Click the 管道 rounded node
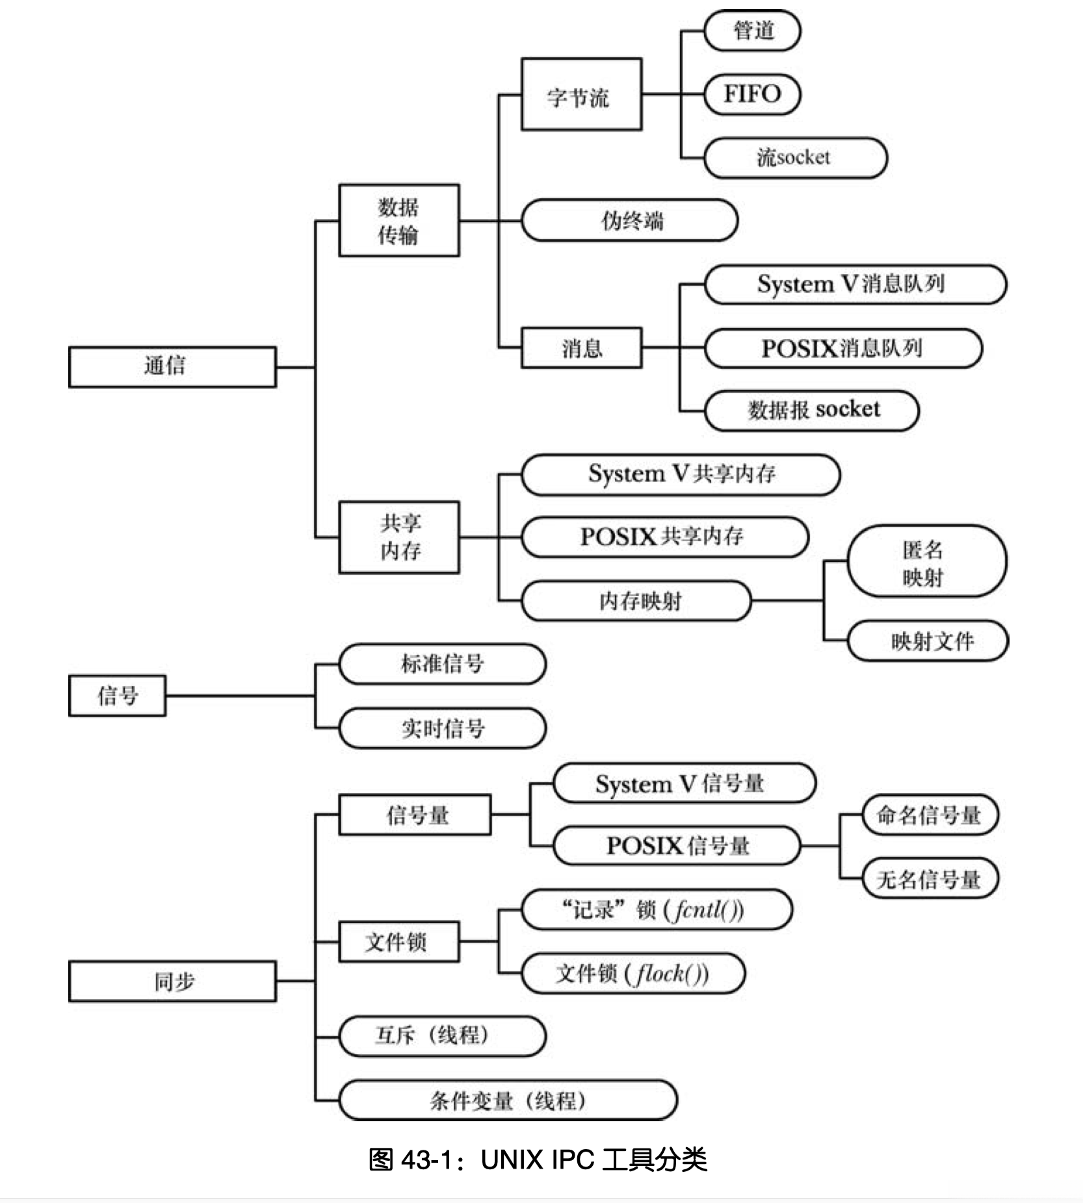pos(752,31)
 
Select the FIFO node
pos(752,94)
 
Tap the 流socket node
pos(794,157)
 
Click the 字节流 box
pos(581,95)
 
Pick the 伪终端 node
pos(629,220)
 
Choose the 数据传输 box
pos(398,220)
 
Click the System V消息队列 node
pos(854,285)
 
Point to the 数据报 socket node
pos(811,410)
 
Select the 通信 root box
pos(172,366)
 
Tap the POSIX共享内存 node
pos(664,537)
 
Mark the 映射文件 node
pos(928,641)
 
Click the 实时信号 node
pos(442,728)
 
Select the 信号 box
pos(117,696)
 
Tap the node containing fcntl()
pos(657,909)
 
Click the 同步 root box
pos(172,981)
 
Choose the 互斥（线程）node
pos(442,1035)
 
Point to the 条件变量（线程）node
pos(508,1100)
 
